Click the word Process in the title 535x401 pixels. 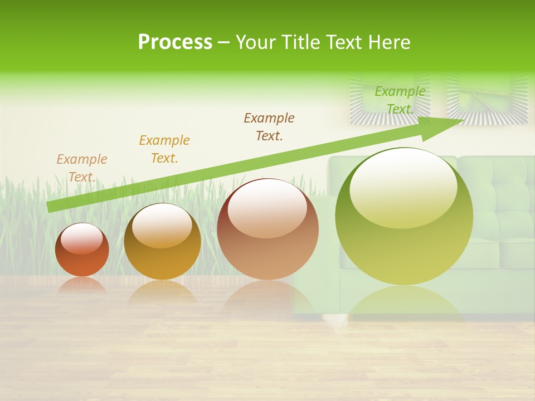[175, 42]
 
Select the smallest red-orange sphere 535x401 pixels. [82, 250]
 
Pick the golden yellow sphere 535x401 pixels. [162, 242]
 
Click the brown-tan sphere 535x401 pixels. [267, 229]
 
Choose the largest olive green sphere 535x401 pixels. [404, 217]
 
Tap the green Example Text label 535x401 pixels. [400, 100]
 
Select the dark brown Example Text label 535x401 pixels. [269, 126]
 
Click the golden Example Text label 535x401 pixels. [164, 149]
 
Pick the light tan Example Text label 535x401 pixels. [82, 168]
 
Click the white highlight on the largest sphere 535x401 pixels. [403, 187]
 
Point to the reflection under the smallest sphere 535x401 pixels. [82, 286]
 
